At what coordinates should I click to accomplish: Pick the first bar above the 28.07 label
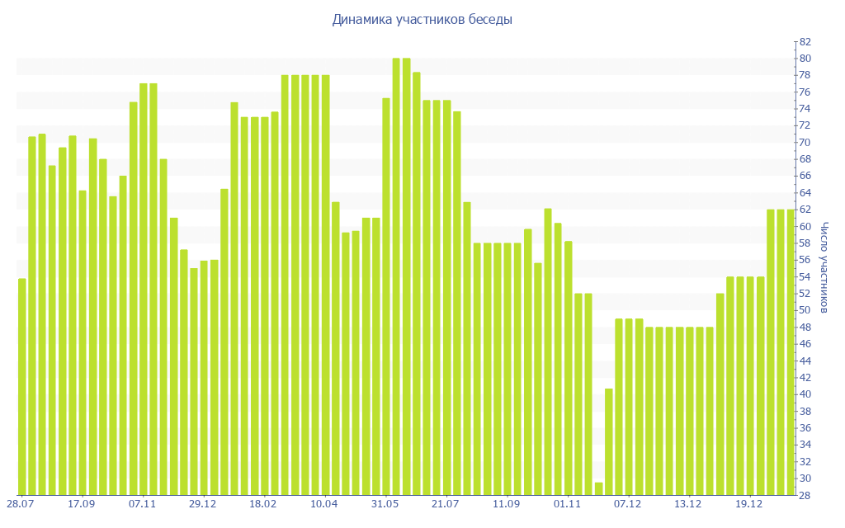tap(22, 388)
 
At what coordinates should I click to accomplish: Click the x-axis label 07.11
tap(143, 503)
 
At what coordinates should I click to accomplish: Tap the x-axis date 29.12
tap(203, 503)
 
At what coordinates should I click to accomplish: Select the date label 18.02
tap(264, 503)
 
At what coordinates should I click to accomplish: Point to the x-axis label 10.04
tap(325, 503)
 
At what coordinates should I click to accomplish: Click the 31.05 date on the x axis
tap(385, 503)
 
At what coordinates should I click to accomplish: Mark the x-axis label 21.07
tap(446, 503)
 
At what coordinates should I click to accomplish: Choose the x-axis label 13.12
tap(688, 503)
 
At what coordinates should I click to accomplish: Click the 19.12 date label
tap(749, 503)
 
